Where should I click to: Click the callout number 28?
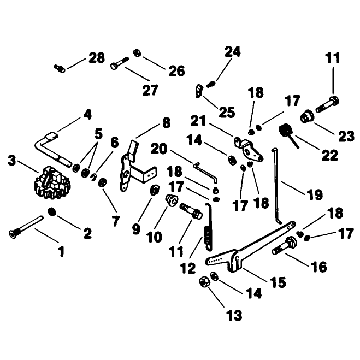click(97, 57)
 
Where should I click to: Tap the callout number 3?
click(12, 160)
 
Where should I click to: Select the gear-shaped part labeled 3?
click(52, 182)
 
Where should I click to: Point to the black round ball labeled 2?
click(52, 211)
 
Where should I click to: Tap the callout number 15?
click(278, 282)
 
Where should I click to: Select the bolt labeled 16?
click(284, 246)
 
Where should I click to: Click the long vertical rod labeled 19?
click(276, 186)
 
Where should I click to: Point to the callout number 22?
click(330, 156)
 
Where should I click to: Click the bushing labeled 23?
click(307, 116)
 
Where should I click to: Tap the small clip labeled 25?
click(199, 91)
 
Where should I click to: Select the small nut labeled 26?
click(137, 53)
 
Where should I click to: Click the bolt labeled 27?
click(120, 63)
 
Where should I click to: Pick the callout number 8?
click(167, 123)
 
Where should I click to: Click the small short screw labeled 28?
click(60, 68)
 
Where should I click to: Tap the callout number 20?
click(159, 149)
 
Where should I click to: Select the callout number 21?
click(198, 121)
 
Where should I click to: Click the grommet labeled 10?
click(172, 199)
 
